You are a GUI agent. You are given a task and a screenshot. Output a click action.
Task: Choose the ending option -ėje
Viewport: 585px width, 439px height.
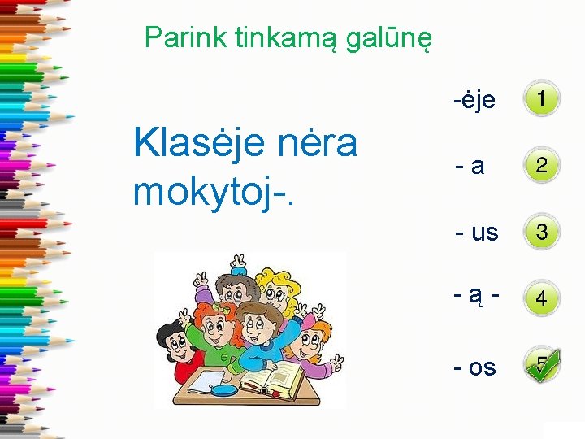pyautogui.click(x=474, y=100)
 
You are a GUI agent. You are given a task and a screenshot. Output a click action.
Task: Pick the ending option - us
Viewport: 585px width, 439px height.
pyautogui.click(x=477, y=233)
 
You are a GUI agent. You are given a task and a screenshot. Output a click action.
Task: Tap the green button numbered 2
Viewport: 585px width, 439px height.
pyautogui.click(x=541, y=166)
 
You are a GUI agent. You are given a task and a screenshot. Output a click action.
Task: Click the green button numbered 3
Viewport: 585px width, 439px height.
pyautogui.click(x=541, y=233)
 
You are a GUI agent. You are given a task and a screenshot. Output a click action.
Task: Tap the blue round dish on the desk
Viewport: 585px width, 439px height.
pyautogui.click(x=224, y=389)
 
